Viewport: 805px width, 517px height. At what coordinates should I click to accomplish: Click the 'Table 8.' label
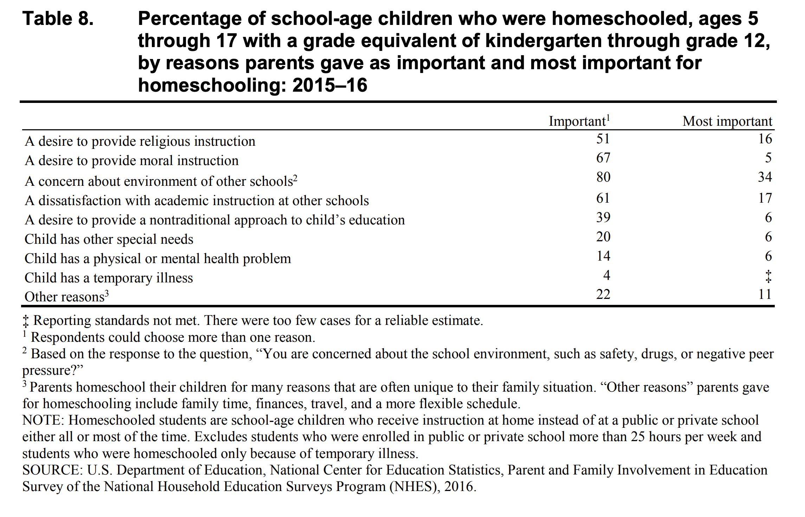(x=58, y=19)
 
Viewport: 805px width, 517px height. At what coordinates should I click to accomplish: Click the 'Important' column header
(x=577, y=121)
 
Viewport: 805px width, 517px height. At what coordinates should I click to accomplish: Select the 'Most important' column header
(x=727, y=121)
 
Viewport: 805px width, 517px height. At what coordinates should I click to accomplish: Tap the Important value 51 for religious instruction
(x=603, y=139)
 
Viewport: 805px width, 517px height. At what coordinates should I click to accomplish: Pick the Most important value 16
(x=765, y=139)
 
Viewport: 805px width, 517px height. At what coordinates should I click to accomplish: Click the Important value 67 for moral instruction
(x=603, y=158)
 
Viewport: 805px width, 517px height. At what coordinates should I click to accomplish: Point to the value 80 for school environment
(x=603, y=177)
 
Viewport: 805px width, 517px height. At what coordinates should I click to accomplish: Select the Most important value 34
(x=765, y=177)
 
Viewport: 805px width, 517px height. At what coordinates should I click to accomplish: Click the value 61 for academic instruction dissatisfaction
(x=603, y=198)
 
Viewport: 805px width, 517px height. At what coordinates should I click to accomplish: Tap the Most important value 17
(x=765, y=198)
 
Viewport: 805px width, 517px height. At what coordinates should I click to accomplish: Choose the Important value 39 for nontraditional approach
(x=603, y=217)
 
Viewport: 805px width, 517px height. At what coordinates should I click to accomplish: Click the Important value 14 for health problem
(x=603, y=256)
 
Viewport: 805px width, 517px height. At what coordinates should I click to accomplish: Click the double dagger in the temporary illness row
(x=768, y=276)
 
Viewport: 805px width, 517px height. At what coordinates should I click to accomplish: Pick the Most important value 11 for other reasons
(x=765, y=294)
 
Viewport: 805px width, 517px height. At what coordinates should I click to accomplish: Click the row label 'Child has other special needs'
(x=109, y=239)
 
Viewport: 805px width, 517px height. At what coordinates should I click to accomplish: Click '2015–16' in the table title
(x=329, y=85)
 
